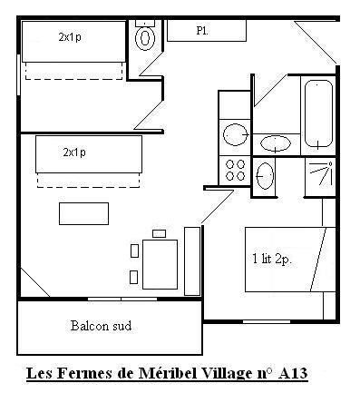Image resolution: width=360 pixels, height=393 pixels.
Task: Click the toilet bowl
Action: click(x=145, y=38)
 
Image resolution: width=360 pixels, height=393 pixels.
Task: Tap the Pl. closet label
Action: click(x=202, y=31)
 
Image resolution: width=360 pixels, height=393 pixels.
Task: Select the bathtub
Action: click(x=318, y=114)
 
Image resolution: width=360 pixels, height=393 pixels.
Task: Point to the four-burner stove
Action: click(x=235, y=171)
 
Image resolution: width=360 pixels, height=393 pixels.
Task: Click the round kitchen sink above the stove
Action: click(x=235, y=134)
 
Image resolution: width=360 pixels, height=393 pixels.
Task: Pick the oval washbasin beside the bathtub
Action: click(x=276, y=143)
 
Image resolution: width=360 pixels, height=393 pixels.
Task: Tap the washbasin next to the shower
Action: click(x=265, y=176)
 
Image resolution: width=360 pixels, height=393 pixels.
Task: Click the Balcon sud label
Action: click(x=102, y=326)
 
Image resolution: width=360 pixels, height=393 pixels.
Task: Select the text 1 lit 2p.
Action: click(x=272, y=260)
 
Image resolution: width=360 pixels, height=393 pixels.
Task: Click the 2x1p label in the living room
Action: click(x=74, y=152)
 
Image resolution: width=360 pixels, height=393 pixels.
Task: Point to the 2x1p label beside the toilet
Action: click(x=70, y=37)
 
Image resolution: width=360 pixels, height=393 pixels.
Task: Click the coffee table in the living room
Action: click(x=83, y=213)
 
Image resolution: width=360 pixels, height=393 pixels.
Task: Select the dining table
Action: click(x=160, y=264)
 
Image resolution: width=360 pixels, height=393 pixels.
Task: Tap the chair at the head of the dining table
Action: click(x=160, y=233)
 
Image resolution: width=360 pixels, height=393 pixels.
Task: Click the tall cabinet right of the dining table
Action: click(x=192, y=260)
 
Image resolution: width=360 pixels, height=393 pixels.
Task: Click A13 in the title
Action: click(x=292, y=373)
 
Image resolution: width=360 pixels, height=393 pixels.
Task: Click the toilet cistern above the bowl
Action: click(x=145, y=23)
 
